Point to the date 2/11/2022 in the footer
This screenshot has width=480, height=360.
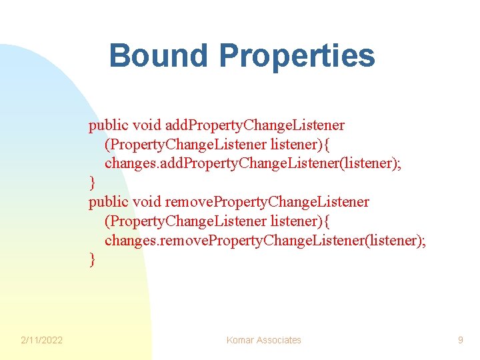pos(41,340)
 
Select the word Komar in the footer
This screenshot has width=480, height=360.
pos(240,340)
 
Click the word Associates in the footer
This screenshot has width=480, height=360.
pos(279,340)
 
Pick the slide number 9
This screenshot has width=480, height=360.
pos(460,340)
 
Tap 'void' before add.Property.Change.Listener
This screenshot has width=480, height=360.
pos(147,125)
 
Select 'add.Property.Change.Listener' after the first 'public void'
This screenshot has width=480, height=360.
pos(255,125)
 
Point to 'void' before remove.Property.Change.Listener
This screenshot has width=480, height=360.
pos(147,201)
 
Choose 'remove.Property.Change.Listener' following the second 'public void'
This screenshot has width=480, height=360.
pos(267,201)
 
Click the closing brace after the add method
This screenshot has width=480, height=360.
pos(93,183)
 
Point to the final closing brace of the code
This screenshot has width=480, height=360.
pos(93,259)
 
